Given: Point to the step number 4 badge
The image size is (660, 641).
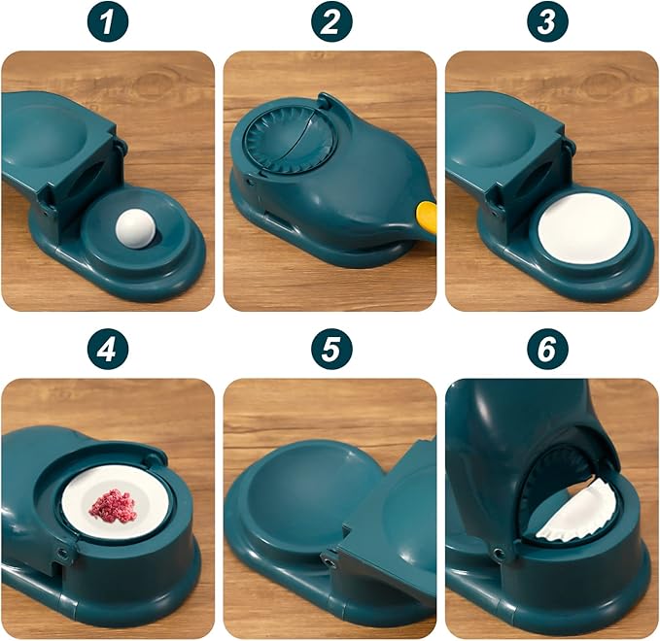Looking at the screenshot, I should (107, 351).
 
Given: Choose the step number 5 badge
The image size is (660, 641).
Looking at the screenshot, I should (330, 351).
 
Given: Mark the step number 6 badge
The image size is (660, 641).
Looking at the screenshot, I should (551, 351).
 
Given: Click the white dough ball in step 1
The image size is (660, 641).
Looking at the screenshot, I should (132, 230).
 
